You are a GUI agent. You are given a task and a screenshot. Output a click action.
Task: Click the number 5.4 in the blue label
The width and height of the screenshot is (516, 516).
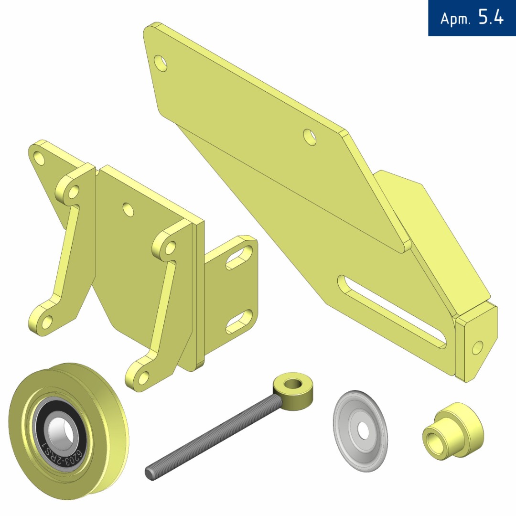click(491, 18)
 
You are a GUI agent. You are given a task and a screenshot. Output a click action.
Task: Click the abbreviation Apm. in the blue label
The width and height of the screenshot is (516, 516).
click(455, 19)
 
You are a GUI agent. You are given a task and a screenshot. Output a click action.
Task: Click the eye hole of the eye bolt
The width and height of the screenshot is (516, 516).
click(293, 384)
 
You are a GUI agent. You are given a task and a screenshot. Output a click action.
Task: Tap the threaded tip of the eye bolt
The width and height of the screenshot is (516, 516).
click(149, 474)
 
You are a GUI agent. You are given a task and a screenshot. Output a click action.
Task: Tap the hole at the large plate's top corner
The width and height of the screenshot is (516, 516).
click(160, 63)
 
